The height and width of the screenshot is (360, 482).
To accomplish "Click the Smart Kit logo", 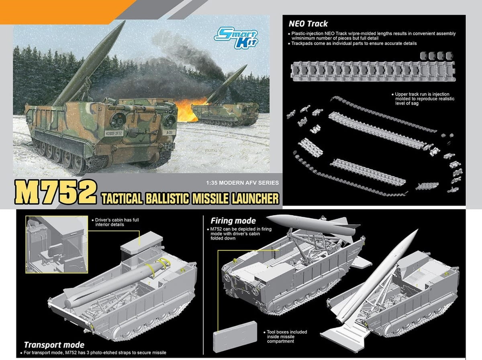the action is click(x=236, y=37).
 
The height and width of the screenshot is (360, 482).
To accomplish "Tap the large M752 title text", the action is click(x=55, y=193).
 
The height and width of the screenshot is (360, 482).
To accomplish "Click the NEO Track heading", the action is click(x=308, y=24).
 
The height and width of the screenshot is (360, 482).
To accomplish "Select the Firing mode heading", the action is click(x=233, y=221).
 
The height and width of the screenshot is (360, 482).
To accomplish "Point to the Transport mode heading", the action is click(x=54, y=345).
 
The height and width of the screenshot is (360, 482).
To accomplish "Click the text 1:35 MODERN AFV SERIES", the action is click(x=243, y=183).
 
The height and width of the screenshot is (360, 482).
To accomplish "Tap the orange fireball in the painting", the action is click(x=189, y=109).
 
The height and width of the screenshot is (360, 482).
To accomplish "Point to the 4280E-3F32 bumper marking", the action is click(x=114, y=133).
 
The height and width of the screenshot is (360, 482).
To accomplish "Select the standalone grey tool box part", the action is click(x=235, y=336).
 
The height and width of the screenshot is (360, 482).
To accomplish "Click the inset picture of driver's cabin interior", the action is click(x=57, y=244).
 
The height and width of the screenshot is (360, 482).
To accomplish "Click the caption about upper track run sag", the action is click(x=423, y=99).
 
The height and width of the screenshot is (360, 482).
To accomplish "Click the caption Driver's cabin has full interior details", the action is click(x=116, y=222).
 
